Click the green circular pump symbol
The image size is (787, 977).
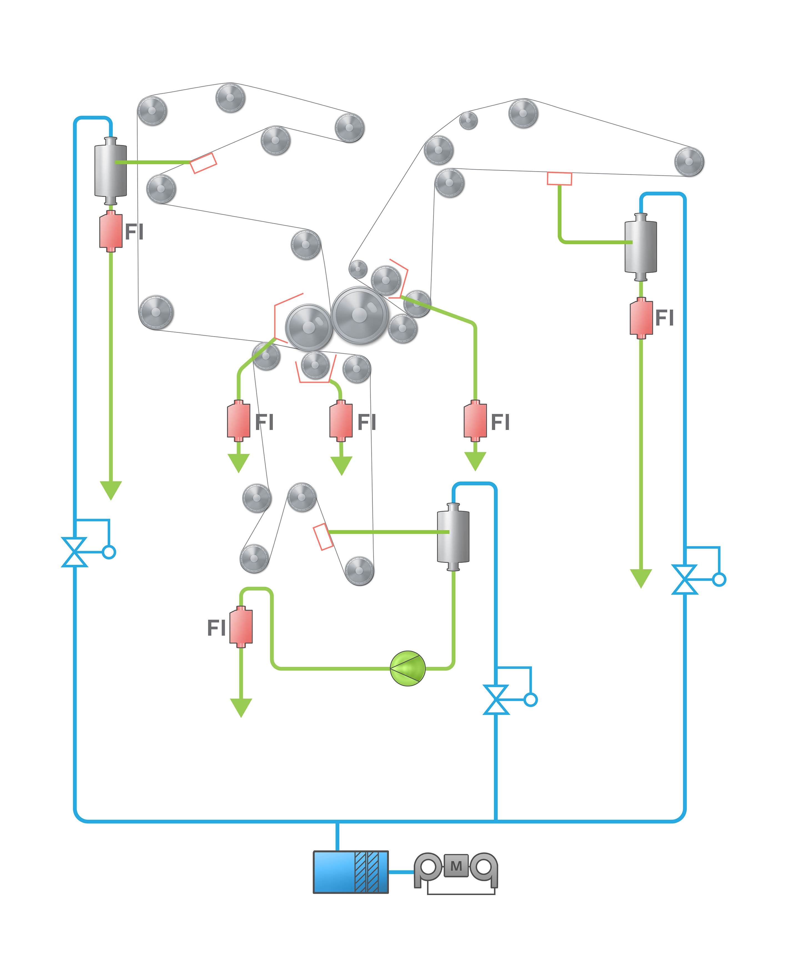pos(408,668)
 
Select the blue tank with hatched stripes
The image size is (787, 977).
pos(350,872)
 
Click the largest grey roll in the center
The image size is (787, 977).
pos(359,314)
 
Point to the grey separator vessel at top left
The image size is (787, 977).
pos(110,171)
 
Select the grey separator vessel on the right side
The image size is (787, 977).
pos(641,246)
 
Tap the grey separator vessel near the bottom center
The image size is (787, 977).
pos(453,536)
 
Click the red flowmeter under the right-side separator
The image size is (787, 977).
pos(641,318)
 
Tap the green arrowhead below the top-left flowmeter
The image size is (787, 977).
pos(110,490)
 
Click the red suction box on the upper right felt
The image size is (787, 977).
pos(559,178)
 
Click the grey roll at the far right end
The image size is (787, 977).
pos(689,161)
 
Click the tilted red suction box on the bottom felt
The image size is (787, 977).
pos(323,537)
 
